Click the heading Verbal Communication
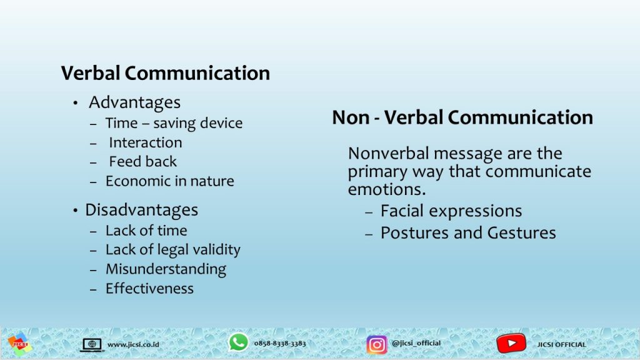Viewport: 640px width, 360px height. click(x=165, y=74)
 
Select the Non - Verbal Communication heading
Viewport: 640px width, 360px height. click(x=462, y=117)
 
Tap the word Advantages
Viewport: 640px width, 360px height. click(x=135, y=102)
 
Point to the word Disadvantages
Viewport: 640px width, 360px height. click(x=142, y=210)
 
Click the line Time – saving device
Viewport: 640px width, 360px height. click(x=174, y=123)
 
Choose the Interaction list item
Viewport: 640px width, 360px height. click(x=145, y=142)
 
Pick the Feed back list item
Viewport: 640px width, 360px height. click(x=143, y=162)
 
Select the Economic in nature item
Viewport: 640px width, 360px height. click(x=170, y=181)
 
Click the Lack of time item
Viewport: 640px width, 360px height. click(x=146, y=231)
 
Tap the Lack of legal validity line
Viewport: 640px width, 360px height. click(x=173, y=250)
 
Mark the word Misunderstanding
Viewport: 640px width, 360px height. click(x=166, y=269)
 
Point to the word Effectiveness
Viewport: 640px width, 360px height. click(x=149, y=289)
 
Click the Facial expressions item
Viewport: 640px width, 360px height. click(x=451, y=211)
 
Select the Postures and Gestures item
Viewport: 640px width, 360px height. click(x=468, y=233)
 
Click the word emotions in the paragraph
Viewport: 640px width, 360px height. click(x=386, y=189)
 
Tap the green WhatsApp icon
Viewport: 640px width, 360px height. click(x=238, y=342)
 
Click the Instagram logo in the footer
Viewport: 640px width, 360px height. click(x=376, y=344)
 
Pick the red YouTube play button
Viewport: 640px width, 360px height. click(x=511, y=344)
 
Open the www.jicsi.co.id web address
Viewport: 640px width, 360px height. click(x=133, y=345)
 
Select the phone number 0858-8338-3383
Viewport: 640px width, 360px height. click(x=280, y=344)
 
